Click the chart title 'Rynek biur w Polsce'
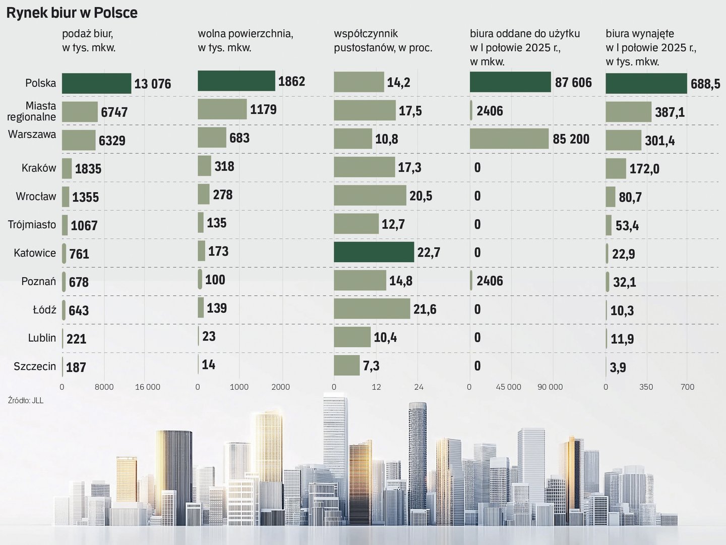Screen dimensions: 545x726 point(72,13)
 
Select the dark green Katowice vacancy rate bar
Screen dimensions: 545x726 point(374,252)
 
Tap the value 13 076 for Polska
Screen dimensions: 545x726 point(152,84)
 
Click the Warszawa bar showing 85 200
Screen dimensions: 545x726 point(509,139)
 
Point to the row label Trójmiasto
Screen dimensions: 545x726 point(32,225)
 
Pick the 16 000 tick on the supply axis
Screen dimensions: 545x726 point(147,387)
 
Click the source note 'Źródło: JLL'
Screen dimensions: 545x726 point(26,400)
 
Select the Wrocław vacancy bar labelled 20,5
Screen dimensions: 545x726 point(370,195)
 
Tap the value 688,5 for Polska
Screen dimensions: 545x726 point(705,84)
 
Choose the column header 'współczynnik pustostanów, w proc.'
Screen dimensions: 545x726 point(383,40)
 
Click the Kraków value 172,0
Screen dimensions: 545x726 point(644,169)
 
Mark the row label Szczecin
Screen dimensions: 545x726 point(35,366)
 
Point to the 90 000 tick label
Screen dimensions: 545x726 point(550,387)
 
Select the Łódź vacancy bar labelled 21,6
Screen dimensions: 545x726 point(372,309)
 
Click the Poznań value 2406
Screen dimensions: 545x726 point(489,281)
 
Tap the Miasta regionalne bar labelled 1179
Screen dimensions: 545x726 point(222,109)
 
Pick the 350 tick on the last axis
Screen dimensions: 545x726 point(646,387)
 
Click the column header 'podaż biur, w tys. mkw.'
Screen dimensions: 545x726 point(89,40)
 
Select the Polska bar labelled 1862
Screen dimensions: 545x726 point(236,81)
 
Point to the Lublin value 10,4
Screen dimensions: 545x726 point(385,337)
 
